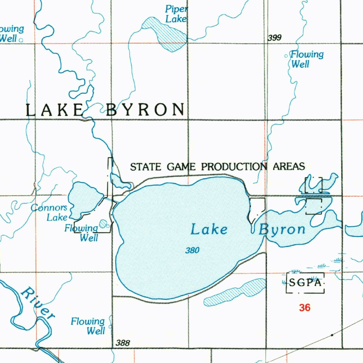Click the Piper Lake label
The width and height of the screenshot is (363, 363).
coord(176,14)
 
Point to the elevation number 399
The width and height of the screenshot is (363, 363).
coord(275,38)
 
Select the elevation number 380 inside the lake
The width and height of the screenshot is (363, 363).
coord(192,251)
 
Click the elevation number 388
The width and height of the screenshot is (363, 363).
coord(123,343)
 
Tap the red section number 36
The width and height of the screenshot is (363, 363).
coord(305,308)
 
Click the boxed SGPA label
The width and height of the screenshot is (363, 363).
coord(305,283)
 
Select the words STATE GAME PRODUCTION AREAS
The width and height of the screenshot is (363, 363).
coord(217,166)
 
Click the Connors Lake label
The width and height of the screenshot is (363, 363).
coord(49,212)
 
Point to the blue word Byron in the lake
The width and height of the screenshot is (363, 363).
coord(282,230)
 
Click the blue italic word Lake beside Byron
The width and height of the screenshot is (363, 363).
coord(209,230)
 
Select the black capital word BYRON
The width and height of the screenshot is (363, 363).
coord(145,110)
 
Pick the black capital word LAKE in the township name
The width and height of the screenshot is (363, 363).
coord(55,110)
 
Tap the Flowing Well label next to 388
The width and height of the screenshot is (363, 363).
coord(88,326)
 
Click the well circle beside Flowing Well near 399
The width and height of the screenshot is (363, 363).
coord(286,56)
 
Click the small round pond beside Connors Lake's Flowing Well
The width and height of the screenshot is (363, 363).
coord(103,223)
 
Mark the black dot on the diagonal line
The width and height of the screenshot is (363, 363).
coord(332,335)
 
